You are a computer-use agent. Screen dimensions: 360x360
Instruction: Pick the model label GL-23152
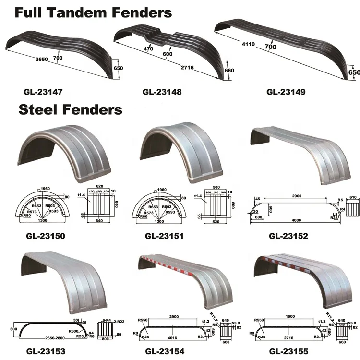(288, 236)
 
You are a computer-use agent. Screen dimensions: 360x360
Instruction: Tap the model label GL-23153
(46, 352)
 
